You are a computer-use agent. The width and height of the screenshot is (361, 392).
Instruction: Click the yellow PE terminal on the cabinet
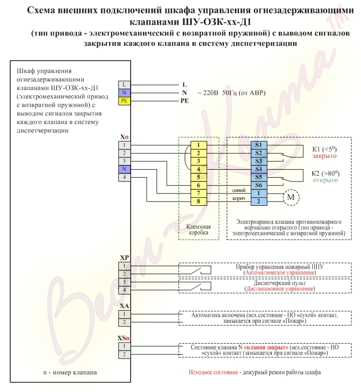124,101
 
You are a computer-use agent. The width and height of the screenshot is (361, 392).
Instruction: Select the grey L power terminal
124,85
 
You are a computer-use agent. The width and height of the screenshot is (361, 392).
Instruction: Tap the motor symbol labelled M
291,197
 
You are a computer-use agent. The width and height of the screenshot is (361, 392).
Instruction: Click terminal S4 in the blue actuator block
259,169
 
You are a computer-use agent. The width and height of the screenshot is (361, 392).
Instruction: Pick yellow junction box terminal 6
199,185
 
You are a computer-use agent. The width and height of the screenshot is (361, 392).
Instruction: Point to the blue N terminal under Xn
124,169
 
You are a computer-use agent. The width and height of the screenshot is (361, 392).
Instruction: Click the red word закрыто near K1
324,156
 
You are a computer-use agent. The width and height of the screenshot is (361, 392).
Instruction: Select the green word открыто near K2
325,180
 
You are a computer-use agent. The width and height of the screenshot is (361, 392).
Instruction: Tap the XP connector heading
124,258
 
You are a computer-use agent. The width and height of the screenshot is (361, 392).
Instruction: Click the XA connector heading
124,306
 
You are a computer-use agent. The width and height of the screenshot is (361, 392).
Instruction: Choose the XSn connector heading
123,338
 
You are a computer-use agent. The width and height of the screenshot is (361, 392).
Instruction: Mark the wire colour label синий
239,190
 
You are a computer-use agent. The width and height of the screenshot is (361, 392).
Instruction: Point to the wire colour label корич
239,199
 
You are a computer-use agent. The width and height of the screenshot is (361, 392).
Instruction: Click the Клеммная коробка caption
199,229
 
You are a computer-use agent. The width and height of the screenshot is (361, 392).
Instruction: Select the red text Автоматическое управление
280,273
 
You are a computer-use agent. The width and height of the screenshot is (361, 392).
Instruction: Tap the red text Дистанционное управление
280,289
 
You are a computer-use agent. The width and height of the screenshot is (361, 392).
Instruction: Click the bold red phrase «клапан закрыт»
266,347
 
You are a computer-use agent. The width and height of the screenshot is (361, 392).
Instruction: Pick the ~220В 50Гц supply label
231,93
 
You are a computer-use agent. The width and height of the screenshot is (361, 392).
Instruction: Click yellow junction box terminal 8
199,201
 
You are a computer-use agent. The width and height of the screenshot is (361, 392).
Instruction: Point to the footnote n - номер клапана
70,372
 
